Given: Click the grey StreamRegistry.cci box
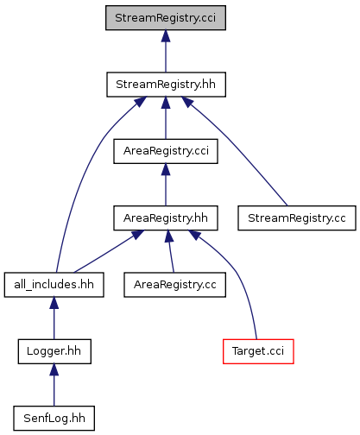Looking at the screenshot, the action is [166, 17].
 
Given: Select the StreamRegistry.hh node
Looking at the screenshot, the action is [166, 85].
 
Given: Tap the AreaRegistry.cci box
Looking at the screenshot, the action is [166, 151].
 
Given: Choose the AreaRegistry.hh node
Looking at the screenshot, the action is [166, 217].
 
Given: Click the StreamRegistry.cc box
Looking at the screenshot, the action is [297, 217].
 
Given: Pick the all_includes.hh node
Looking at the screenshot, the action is [54, 285].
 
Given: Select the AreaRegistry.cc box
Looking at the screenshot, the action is [174, 285].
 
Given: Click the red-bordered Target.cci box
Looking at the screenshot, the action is [258, 351].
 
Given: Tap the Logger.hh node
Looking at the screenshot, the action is [54, 351].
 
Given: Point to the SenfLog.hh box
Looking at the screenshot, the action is [54, 418].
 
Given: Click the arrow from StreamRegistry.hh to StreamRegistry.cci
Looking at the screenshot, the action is [166, 51].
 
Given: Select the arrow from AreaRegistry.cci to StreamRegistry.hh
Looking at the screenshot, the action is [166, 118].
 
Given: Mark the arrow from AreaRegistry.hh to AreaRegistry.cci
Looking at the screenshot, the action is [166, 185].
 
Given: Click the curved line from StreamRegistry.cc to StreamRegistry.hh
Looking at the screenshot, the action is [231, 142].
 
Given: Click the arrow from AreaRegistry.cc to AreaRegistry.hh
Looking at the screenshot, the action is [171, 251].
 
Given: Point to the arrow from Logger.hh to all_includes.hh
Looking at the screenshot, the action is [54, 318].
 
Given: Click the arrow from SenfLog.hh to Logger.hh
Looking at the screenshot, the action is [54, 385].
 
